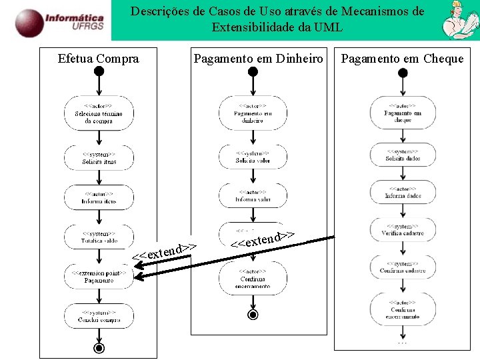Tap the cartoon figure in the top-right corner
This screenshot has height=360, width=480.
click(459, 20)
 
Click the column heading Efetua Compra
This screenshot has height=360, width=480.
click(99, 59)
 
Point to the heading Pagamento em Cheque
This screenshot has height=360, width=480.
click(402, 59)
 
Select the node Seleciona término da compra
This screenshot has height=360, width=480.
click(99, 113)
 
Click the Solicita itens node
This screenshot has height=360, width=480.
click(99, 158)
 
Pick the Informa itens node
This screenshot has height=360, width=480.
click(99, 197)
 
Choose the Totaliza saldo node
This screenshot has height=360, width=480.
click(99, 237)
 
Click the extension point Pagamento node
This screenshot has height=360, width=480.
click(99, 277)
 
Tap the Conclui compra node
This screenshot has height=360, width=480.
click(99, 316)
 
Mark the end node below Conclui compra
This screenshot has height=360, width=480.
click(99, 348)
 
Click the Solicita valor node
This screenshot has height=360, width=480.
click(253, 157)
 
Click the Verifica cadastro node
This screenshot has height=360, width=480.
click(403, 229)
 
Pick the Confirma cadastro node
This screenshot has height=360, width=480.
click(403, 267)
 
